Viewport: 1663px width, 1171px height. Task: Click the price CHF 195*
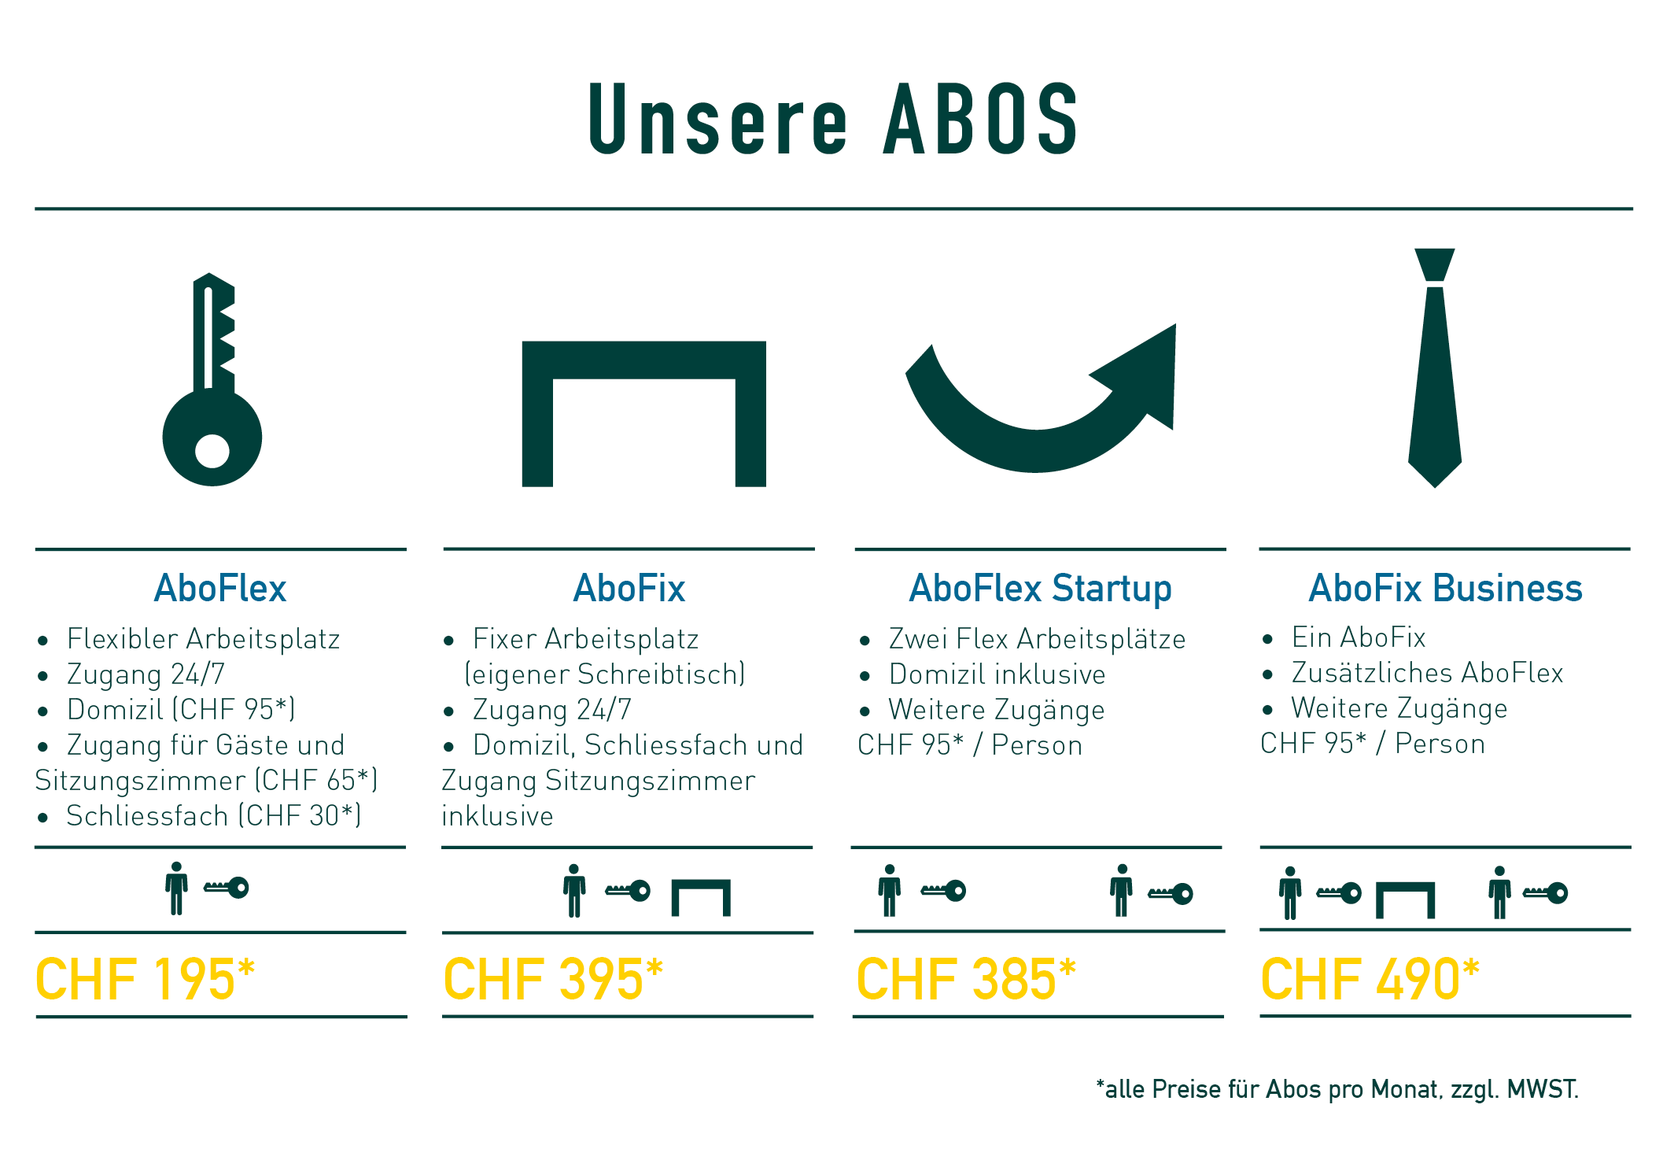[x=146, y=979]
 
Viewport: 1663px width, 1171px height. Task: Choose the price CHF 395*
[x=553, y=979]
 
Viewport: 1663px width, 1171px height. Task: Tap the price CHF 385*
[x=966, y=979]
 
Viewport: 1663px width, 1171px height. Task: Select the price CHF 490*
[x=1370, y=979]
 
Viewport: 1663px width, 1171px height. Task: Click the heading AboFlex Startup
[x=1040, y=589]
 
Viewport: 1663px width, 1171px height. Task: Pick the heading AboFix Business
[x=1445, y=588]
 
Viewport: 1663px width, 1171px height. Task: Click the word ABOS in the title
[x=981, y=119]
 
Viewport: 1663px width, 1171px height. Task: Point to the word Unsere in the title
[x=718, y=119]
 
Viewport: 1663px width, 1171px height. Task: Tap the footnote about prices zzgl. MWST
[x=1337, y=1089]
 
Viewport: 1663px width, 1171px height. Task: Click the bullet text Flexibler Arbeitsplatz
[x=204, y=639]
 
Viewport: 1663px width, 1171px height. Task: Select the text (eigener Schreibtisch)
[x=605, y=674]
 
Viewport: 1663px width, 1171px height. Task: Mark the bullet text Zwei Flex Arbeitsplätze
[x=1037, y=639]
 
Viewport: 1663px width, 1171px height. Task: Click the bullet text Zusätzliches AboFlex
[x=1427, y=673]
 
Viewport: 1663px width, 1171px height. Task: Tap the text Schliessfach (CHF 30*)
[x=214, y=816]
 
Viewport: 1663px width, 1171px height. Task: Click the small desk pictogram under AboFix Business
[x=1405, y=900]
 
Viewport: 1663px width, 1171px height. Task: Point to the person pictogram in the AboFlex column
[x=176, y=888]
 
